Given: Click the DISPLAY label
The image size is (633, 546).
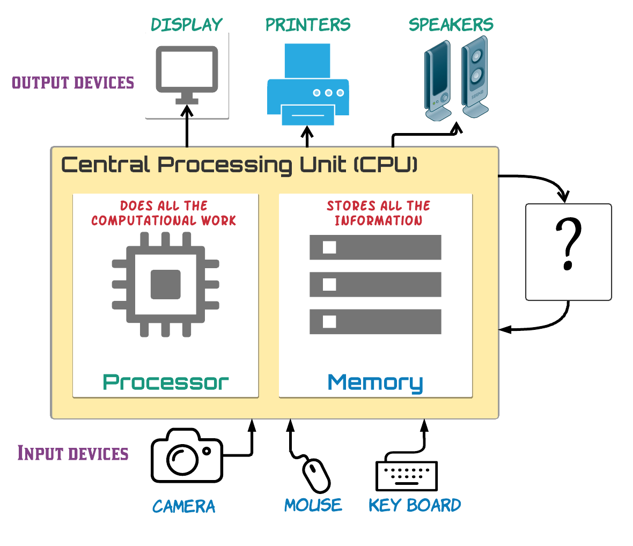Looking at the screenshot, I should pos(187,25).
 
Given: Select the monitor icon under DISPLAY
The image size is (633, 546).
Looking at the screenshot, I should pos(187,73).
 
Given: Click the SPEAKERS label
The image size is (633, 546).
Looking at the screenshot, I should pos(451,25).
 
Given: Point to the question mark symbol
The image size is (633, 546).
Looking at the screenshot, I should pos(568,245).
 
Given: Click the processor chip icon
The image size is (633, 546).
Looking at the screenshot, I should pos(165,284).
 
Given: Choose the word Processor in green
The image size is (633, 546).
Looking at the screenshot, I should pos(166,382).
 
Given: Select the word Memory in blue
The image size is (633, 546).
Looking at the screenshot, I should pos(375,383).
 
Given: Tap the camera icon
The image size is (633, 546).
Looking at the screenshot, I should pos(186,455).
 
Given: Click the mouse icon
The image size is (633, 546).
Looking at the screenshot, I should pos(316,475).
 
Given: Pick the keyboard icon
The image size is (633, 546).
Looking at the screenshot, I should pos(407,476).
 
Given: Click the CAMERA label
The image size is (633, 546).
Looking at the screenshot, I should pos(183,506).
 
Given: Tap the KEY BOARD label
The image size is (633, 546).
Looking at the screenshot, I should pos(415,505).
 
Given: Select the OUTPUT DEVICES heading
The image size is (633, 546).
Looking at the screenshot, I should pos(73,83).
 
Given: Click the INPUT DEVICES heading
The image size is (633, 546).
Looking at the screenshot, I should pos(73,453).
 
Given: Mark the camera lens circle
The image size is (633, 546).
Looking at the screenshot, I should pos(182,459).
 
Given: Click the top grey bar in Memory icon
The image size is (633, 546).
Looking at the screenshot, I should pos(375,247).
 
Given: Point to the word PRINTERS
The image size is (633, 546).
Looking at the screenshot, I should pos(308,25).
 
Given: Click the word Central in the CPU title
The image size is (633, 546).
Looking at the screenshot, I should pos(105,164).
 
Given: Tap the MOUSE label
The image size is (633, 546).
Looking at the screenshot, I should pos(313,505).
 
